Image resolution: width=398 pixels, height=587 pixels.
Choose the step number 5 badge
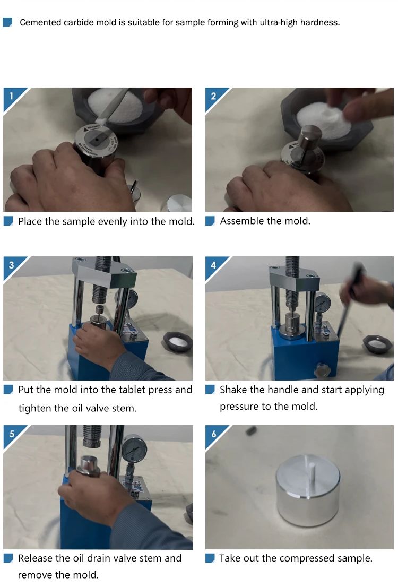tap(12, 434)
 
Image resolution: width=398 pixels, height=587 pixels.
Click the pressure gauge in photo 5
tap(134, 448)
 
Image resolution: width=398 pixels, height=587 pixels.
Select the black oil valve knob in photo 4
tap(322, 370)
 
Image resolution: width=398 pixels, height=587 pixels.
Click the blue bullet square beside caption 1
tap(8, 221)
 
